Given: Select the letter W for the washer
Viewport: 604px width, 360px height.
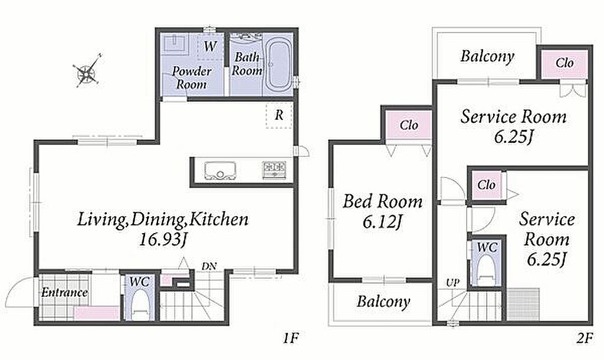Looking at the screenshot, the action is [211, 46].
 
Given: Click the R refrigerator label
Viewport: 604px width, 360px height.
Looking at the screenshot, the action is [279, 115].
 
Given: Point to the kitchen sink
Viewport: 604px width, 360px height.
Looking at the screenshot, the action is [220, 171].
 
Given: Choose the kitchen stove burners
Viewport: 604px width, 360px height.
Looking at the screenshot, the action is [274, 169].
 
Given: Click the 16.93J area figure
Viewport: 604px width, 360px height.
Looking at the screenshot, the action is [162, 240].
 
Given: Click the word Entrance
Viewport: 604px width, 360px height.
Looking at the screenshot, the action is [64, 293].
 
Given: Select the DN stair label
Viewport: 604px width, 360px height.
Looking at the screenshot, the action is [209, 266].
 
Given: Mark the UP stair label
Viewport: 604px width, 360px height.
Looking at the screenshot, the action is [452, 283].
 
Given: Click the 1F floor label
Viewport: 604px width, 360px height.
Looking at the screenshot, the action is [291, 338].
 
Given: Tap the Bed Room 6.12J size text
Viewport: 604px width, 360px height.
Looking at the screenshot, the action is [382, 222].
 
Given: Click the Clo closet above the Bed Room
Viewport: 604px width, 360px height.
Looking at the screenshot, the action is [409, 125].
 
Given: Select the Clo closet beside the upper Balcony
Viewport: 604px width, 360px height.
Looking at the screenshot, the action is [564, 63].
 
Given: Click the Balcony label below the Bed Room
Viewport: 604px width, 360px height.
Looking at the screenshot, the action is [383, 302].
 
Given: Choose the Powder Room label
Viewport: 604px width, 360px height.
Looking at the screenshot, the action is [192, 77].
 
